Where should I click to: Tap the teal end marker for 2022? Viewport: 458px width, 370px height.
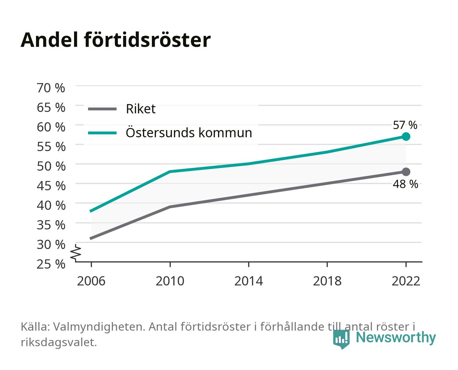[x=406, y=136]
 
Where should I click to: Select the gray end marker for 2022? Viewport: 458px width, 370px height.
[x=406, y=172]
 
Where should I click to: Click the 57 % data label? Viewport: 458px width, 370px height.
[x=405, y=125]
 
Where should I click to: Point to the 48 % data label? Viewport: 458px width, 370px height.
[x=405, y=184]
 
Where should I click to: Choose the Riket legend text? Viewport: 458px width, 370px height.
[x=141, y=109]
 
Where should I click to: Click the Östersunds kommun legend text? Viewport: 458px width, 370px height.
[x=189, y=132]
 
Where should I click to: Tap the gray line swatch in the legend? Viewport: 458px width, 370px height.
[x=103, y=109]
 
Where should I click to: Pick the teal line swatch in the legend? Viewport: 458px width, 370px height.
[x=103, y=133]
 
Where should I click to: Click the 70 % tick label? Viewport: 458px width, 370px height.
[x=51, y=88]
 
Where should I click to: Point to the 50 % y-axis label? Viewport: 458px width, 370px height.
[x=51, y=166]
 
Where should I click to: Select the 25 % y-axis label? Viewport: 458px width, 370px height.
[x=51, y=264]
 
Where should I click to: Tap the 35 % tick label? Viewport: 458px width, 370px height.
[x=51, y=225]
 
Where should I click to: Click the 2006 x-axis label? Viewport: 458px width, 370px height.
[x=91, y=281]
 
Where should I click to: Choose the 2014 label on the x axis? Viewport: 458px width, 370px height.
[x=249, y=281]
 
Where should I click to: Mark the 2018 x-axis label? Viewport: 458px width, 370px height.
[x=327, y=281]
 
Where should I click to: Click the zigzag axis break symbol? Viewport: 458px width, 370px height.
[x=76, y=253]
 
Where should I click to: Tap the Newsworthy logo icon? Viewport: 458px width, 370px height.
[x=341, y=339]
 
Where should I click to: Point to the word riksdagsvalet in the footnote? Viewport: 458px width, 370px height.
[x=59, y=342]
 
